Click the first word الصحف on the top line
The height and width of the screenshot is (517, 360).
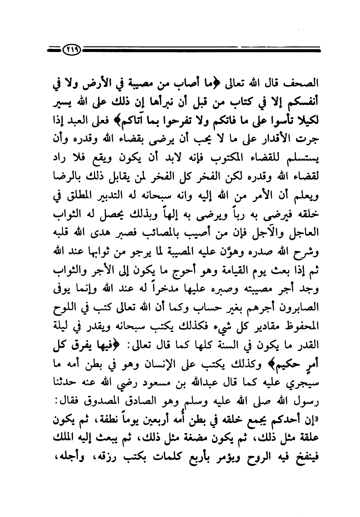coord(303,83)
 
